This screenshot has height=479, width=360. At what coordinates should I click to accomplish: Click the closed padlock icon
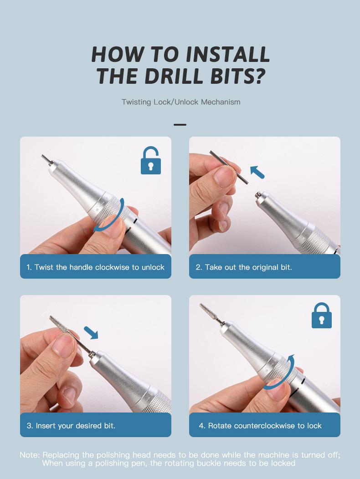click(321, 316)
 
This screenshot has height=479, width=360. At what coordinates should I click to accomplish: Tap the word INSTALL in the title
click(227, 54)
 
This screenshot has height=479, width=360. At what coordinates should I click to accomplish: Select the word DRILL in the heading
click(174, 76)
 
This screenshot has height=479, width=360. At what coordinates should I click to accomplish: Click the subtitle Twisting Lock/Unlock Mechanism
click(181, 102)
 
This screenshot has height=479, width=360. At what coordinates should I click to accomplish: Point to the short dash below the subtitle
click(180, 125)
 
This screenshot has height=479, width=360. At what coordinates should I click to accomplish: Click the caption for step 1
click(95, 267)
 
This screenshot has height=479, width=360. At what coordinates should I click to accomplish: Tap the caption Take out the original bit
click(244, 267)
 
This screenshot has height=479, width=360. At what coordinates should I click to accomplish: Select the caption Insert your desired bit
click(71, 426)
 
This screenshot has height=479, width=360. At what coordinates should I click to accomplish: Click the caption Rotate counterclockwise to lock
click(260, 426)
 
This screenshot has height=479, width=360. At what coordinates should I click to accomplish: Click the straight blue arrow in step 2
click(257, 172)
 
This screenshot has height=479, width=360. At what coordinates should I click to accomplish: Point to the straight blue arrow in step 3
click(91, 332)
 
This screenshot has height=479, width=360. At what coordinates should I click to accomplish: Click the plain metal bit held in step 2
click(229, 167)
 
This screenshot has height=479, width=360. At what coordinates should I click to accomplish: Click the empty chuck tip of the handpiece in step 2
click(258, 194)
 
